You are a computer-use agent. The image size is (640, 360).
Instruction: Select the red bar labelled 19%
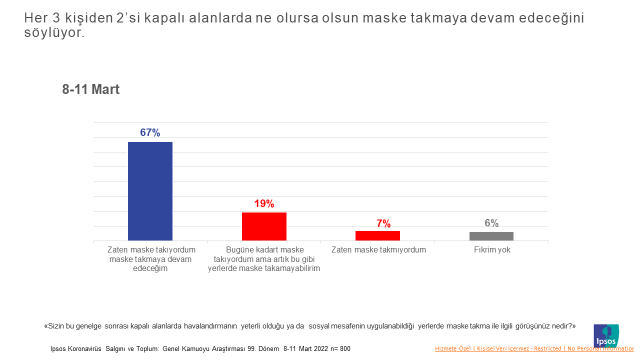click(x=264, y=226)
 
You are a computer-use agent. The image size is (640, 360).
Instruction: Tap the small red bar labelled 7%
click(x=378, y=236)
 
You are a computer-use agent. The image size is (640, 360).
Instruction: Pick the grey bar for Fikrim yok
click(x=491, y=236)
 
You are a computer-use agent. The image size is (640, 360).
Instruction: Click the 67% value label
click(x=150, y=132)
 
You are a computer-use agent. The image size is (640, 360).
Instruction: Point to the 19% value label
click(x=264, y=203)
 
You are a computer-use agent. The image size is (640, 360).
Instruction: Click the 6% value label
click(x=491, y=223)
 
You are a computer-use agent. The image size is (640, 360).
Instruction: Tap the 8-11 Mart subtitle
click(x=91, y=89)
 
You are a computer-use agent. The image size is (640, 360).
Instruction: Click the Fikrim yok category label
click(x=491, y=248)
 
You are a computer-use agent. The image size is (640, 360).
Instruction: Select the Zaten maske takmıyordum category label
click(x=378, y=248)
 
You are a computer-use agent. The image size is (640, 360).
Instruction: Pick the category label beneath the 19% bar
click(x=264, y=259)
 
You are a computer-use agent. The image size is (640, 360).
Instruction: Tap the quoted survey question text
click(x=310, y=325)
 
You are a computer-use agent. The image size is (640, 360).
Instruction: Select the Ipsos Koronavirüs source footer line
click(x=200, y=348)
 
